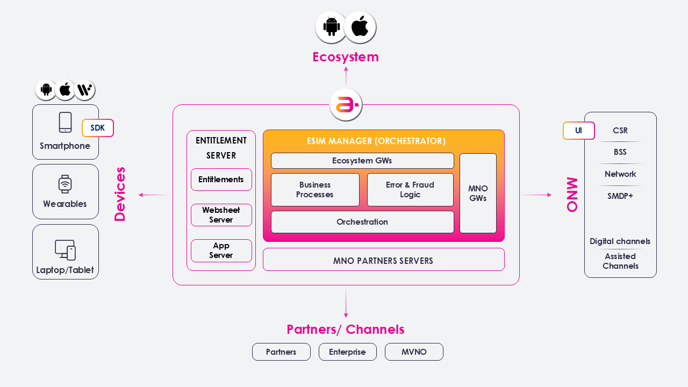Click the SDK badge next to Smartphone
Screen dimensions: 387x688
pos(97,128)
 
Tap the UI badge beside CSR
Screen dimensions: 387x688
pos(578,131)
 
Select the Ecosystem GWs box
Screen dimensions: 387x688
pos(362,161)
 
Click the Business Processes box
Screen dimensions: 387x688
pos(315,190)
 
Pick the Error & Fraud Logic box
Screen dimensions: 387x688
pos(410,190)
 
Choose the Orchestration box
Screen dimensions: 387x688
pos(362,222)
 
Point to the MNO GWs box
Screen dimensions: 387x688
pos(478,193)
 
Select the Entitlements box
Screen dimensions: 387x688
pos(221,180)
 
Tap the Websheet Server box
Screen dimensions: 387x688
pos(221,215)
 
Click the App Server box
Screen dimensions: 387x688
pos(221,250)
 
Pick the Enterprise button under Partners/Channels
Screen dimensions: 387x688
pos(347,352)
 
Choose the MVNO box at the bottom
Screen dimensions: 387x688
pos(414,352)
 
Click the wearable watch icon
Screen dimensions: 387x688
pos(65,184)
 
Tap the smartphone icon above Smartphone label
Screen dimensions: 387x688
pos(65,123)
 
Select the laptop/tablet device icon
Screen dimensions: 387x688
pos(65,250)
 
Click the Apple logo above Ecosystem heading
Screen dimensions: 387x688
pos(360,27)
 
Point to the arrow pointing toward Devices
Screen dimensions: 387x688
pos(153,195)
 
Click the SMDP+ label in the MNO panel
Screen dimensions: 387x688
pos(620,196)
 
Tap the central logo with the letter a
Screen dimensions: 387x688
pos(346,105)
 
